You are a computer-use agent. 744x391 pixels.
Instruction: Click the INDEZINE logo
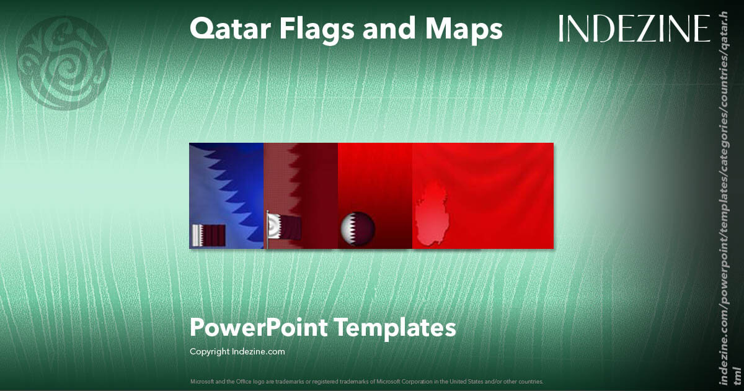coord(634,29)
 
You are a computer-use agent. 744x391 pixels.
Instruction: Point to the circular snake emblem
coord(64,63)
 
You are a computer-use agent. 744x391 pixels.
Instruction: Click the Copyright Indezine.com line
coord(237,352)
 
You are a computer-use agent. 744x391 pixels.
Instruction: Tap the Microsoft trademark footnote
coord(366,381)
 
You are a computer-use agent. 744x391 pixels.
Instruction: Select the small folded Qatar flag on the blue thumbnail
coord(208,235)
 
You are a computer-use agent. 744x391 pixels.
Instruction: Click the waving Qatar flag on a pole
coord(285,227)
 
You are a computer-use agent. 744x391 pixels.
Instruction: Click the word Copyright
coord(210,352)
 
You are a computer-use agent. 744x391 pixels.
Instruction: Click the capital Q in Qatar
coord(201,29)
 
